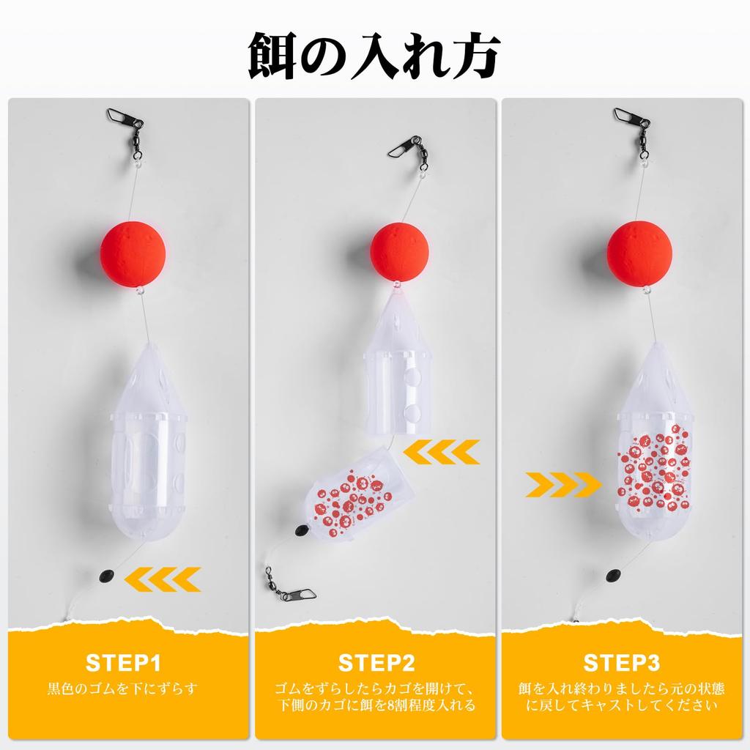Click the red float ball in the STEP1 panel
tap(133, 253)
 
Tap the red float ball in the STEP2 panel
tap(399, 252)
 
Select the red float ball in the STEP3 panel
tap(639, 253)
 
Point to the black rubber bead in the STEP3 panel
tap(613, 575)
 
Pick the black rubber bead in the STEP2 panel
tap(300, 530)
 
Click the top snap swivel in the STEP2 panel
tap(409, 153)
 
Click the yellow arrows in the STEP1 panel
tap(163, 579)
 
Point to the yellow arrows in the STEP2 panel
tap(441, 452)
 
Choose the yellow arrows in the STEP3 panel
tap(563, 485)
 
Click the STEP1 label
tap(123, 663)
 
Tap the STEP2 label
tap(376, 663)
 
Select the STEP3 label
tap(621, 663)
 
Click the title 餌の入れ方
tap(374, 56)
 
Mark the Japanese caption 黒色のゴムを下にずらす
tap(123, 688)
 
